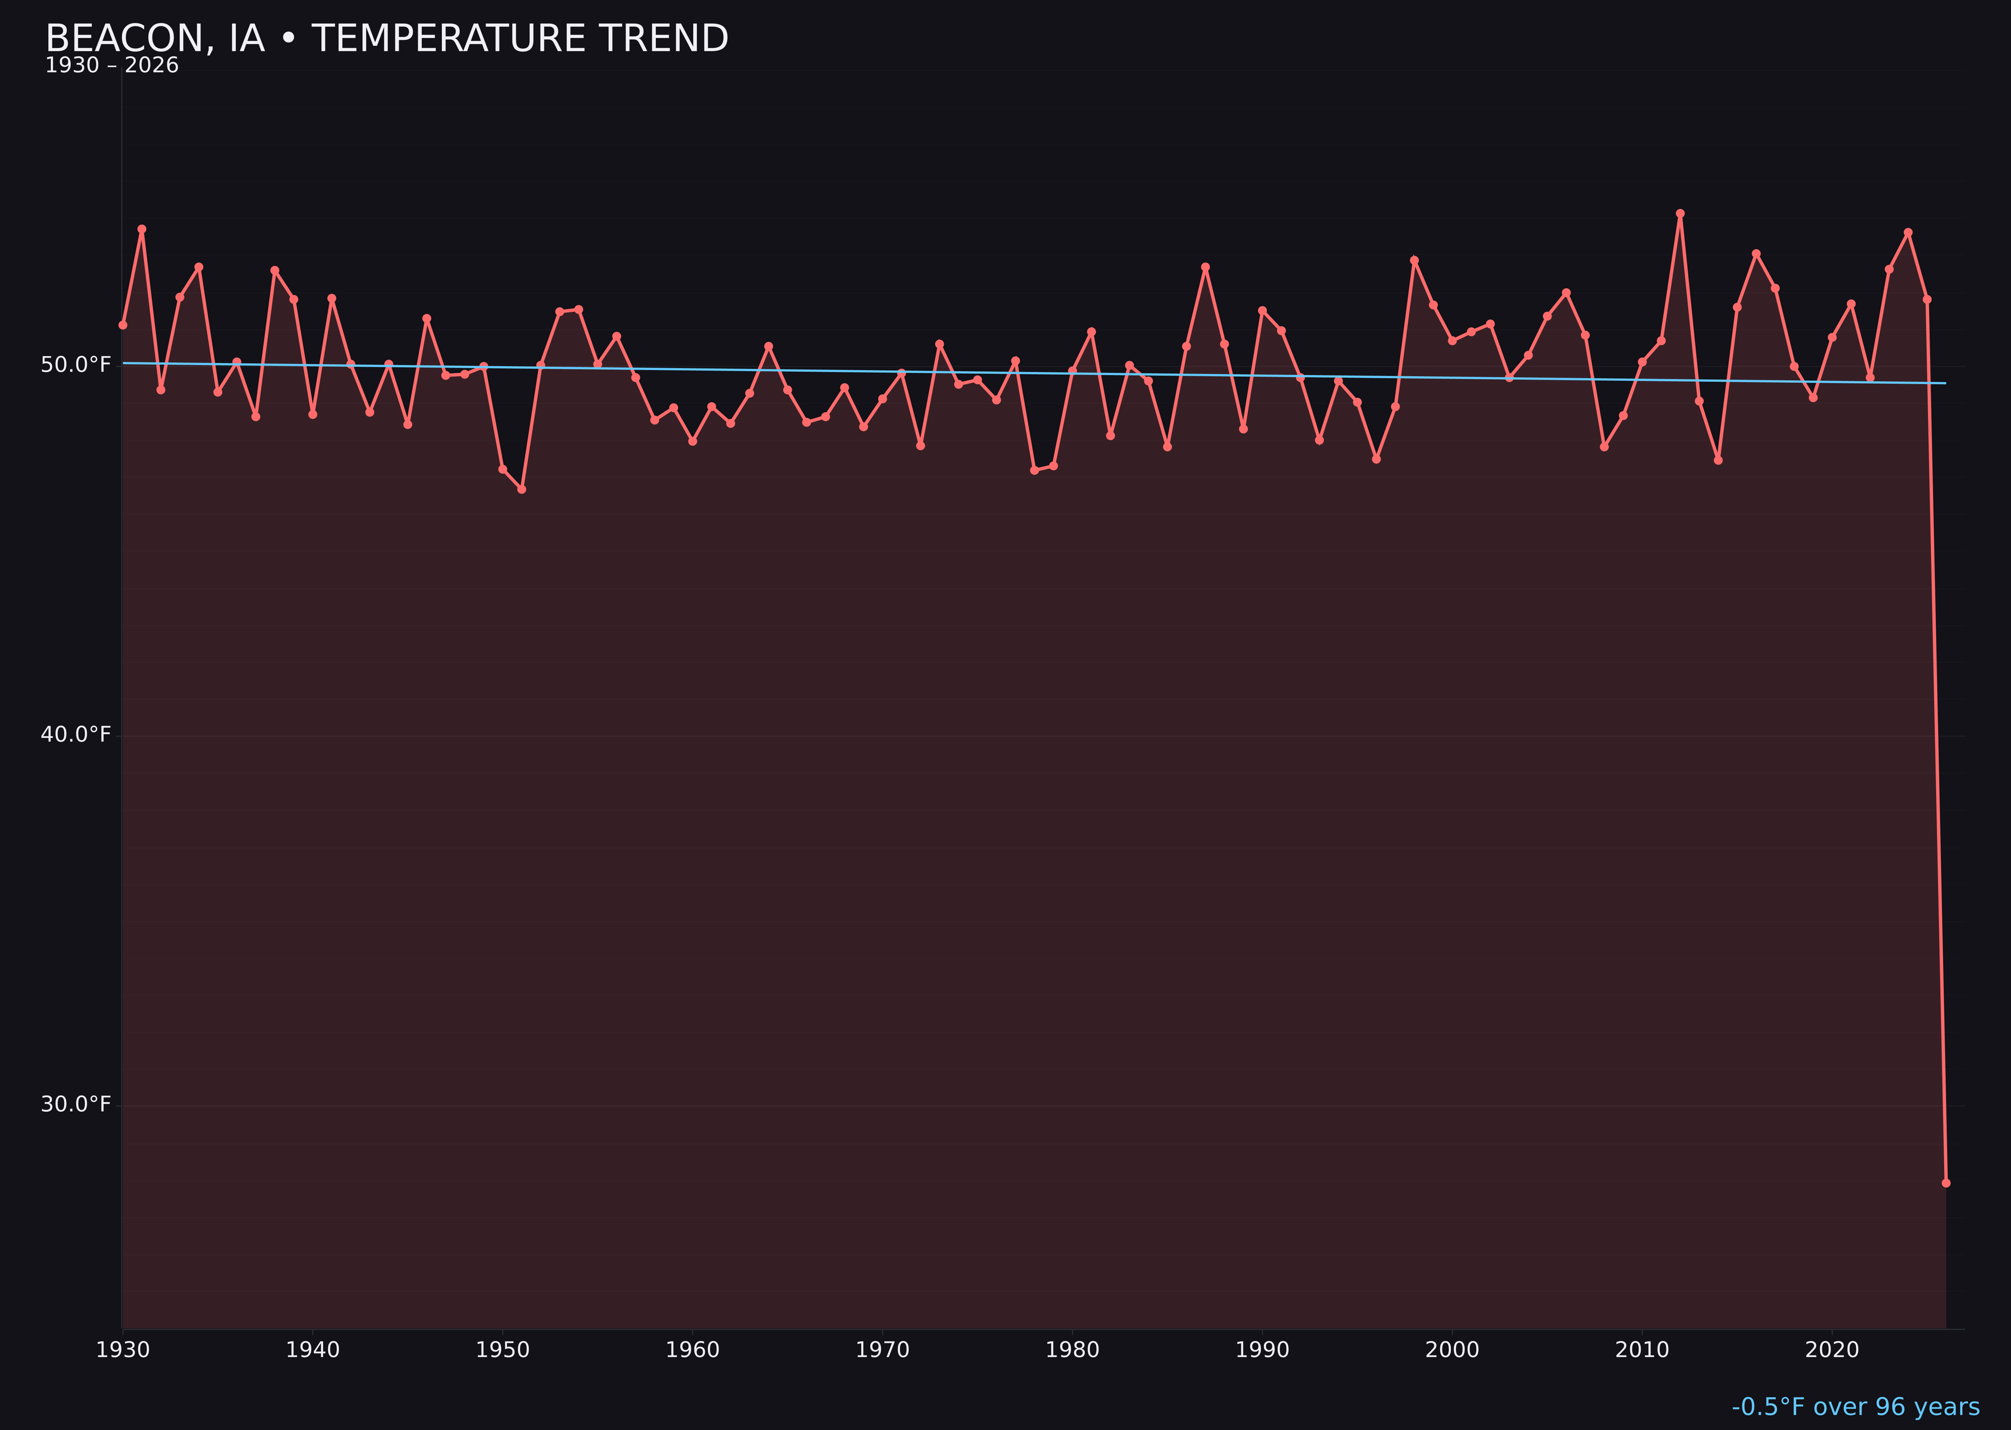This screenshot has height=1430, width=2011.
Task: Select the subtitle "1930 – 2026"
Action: point(112,66)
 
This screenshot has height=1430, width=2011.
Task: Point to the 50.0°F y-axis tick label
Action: point(76,365)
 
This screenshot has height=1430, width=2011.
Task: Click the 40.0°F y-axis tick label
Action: point(76,735)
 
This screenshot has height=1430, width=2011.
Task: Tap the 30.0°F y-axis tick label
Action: point(76,1104)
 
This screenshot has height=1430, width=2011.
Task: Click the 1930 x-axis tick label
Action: point(123,1350)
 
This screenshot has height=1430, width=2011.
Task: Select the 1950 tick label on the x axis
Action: point(503,1350)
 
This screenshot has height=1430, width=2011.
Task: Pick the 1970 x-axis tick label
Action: point(882,1350)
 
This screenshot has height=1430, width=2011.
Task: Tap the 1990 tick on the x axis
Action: point(1262,1350)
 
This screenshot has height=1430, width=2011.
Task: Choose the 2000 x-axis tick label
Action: point(1452,1350)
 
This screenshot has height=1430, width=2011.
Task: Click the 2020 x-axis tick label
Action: point(1832,1350)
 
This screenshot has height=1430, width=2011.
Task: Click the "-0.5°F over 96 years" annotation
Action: point(1855,1407)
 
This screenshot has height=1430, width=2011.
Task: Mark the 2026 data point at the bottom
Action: point(1946,1183)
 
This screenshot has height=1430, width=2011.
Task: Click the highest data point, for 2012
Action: point(1680,213)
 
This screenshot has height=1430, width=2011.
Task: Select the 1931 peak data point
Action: point(142,229)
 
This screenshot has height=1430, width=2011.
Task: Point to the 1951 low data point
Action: point(521,489)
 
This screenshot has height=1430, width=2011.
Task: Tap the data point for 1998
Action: point(1414,260)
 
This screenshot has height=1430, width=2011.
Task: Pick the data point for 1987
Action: point(1206,267)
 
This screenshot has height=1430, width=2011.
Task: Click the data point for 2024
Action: point(1908,232)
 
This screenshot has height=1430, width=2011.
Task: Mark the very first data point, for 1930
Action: point(122,325)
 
